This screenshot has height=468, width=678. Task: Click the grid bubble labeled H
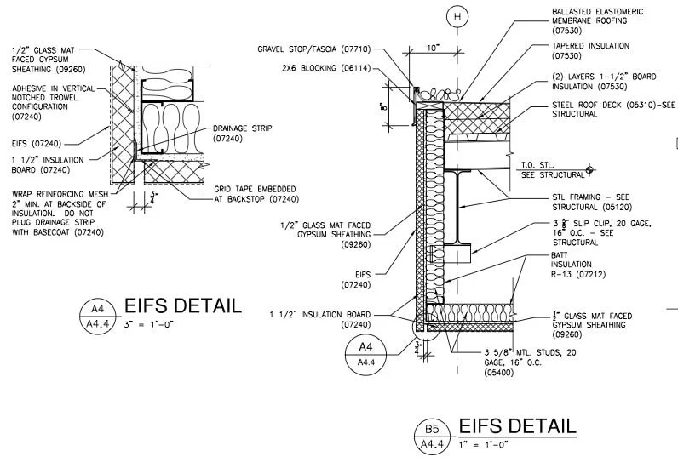click(459, 17)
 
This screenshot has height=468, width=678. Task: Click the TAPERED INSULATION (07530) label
click(590, 51)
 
